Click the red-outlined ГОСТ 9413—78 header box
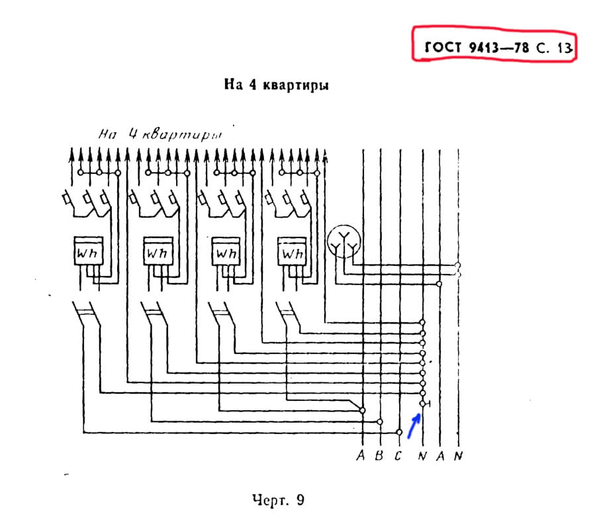(x=493, y=46)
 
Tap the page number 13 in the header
(x=563, y=48)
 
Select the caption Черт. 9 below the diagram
(x=278, y=498)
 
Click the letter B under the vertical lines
(x=379, y=455)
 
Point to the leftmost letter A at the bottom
(x=361, y=455)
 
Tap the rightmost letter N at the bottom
(x=458, y=455)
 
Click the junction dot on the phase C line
(x=399, y=432)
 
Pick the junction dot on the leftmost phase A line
(x=361, y=410)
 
